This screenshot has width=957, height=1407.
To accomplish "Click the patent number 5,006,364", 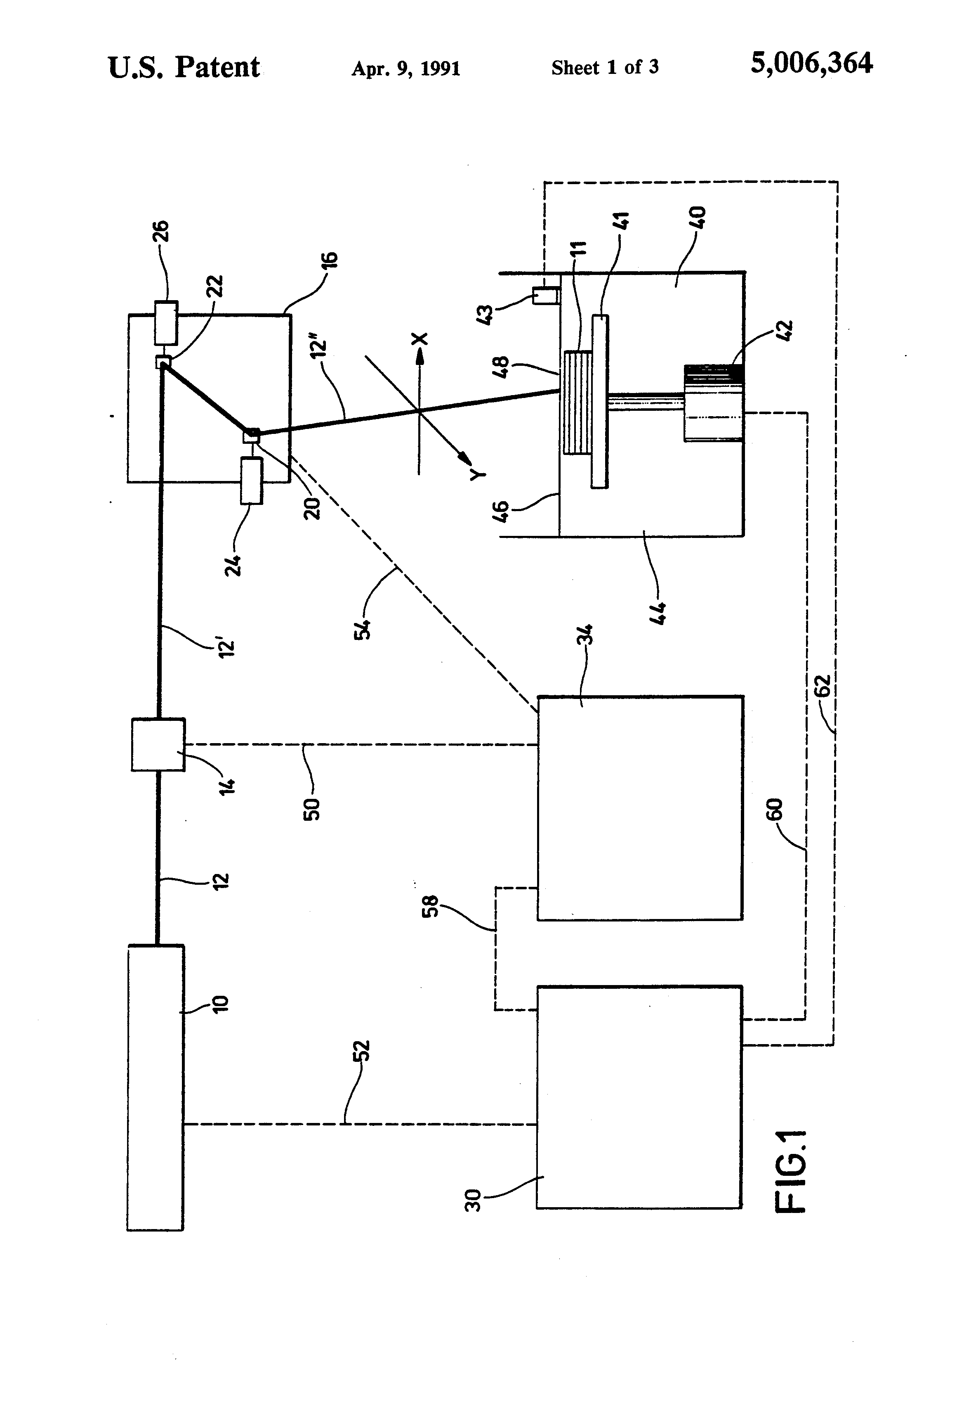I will (x=811, y=63).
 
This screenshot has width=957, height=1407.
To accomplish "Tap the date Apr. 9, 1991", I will (x=406, y=69).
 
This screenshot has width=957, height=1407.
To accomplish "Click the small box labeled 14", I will (x=158, y=744).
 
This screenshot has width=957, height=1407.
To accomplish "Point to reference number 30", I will (x=472, y=1200).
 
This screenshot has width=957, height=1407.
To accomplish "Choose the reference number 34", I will (x=585, y=637).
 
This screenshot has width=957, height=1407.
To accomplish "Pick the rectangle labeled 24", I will (x=252, y=481).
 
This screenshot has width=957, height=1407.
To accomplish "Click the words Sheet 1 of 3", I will (x=605, y=68).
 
